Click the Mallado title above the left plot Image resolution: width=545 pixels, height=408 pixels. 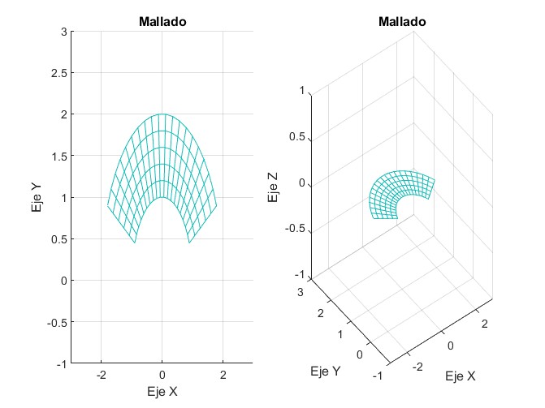pos(162,22)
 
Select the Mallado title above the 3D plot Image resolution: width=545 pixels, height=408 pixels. pos(403,22)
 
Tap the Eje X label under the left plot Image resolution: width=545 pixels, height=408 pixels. pos(162,391)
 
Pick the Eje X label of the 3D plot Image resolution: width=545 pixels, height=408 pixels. pos(461,377)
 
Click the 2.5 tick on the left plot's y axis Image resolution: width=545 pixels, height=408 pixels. pos(58,73)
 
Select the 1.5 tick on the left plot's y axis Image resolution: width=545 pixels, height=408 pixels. pos(58,156)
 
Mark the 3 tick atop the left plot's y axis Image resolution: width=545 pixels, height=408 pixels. pos(62,32)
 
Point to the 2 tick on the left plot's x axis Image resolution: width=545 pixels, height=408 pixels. pos(224,376)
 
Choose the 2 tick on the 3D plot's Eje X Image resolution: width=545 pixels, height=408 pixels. pos(486,324)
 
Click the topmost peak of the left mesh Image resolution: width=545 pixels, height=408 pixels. pos(162,114)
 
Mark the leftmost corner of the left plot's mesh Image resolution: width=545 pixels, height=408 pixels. pos(108,206)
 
